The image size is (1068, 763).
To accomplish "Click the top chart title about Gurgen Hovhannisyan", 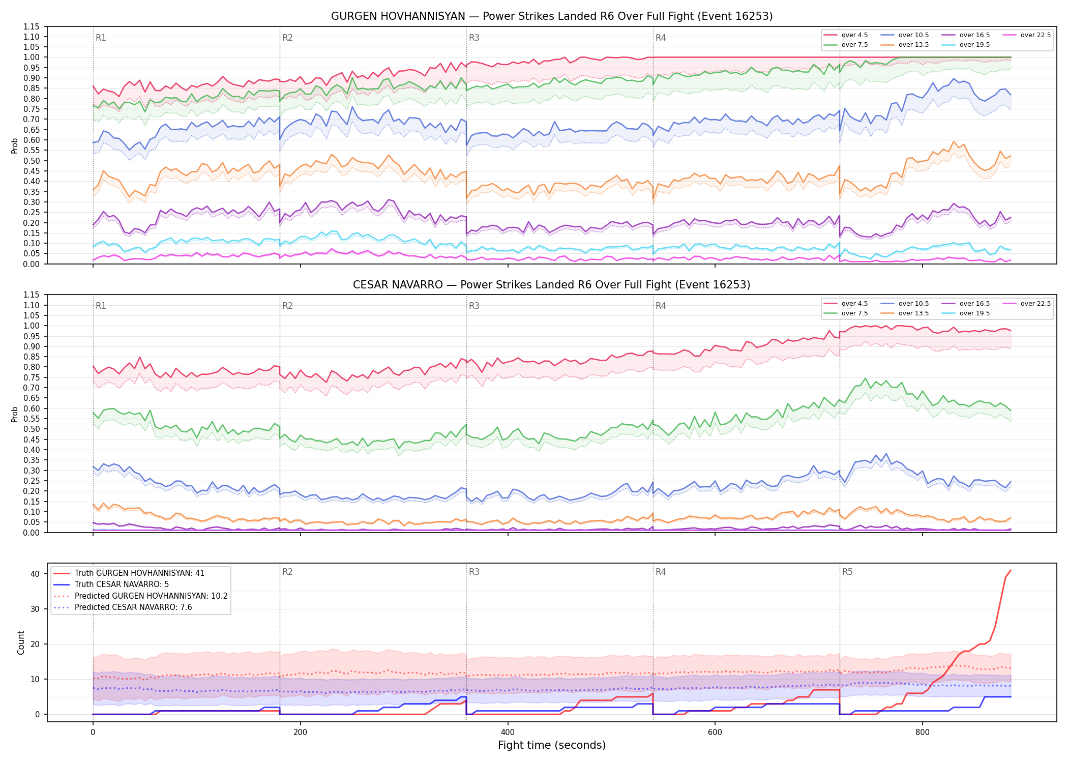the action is click(552, 16).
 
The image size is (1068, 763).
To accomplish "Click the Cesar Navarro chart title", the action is click(552, 285).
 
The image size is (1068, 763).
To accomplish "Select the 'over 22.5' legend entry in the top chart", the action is click(1026, 35).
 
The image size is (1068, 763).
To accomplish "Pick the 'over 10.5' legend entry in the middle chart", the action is click(904, 304).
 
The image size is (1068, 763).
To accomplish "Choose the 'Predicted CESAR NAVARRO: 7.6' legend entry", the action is click(123, 607).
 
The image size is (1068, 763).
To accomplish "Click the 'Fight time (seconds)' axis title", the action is click(552, 745).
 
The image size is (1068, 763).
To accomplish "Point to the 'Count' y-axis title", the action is click(21, 642).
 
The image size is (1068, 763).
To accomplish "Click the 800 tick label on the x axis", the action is click(922, 732).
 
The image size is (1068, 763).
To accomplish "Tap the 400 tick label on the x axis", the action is click(508, 732).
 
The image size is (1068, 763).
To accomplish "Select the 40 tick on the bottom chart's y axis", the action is click(35, 574).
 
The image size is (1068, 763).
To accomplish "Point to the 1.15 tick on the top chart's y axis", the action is click(32, 26).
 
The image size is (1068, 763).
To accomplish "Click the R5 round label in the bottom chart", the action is click(847, 572).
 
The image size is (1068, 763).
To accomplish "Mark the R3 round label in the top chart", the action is click(474, 38).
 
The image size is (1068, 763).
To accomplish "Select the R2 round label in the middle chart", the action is click(287, 306).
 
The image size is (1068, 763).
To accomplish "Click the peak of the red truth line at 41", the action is click(1011, 570).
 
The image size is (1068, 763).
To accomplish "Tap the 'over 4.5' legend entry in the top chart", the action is click(846, 35).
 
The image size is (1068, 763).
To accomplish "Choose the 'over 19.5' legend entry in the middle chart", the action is click(965, 313).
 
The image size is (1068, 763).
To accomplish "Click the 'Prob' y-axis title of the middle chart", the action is click(15, 414).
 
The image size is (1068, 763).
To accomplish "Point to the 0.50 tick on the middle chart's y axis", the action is click(32, 429).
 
